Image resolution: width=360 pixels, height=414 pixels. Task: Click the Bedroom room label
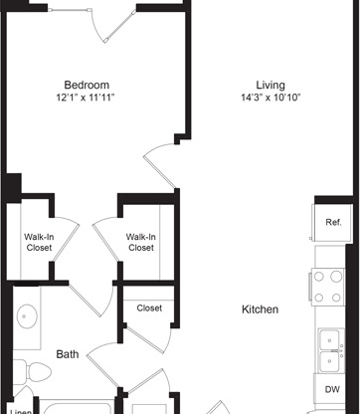(x=87, y=85)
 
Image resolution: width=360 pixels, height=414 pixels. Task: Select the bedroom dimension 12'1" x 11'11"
(x=86, y=98)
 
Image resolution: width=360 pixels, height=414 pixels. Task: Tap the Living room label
(x=270, y=86)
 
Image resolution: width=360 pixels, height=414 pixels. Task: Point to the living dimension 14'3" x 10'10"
(x=270, y=98)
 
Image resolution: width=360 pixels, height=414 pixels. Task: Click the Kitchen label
(x=260, y=310)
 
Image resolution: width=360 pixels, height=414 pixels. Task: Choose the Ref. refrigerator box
(x=332, y=223)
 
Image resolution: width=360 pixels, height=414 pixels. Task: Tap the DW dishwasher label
(x=332, y=389)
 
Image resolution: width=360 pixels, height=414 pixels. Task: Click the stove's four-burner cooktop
(x=327, y=287)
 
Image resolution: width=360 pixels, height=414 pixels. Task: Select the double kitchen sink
(x=330, y=351)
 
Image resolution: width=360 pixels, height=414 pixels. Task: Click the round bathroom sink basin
(x=27, y=316)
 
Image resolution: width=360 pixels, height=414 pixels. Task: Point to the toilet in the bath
(x=32, y=372)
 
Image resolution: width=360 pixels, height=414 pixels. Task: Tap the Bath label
(x=68, y=354)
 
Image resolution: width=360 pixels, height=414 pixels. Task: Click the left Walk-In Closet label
(x=39, y=243)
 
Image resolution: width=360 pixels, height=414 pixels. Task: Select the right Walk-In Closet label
(x=141, y=243)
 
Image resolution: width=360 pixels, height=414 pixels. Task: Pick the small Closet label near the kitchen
(x=149, y=309)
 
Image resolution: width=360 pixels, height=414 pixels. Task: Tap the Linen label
(x=21, y=411)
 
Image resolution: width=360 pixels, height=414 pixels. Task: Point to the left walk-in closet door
(x=67, y=239)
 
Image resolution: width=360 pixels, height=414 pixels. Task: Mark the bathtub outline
(x=78, y=407)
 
